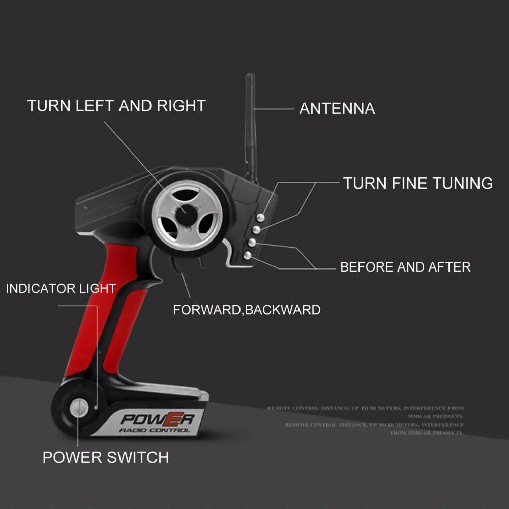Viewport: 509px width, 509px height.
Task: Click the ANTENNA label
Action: click(337, 109)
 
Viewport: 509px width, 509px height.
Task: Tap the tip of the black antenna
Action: click(250, 77)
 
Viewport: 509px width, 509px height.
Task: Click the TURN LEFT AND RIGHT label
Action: click(116, 106)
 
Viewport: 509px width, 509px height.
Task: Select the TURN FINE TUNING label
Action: click(417, 183)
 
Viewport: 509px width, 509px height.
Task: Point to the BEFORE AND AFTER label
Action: click(405, 267)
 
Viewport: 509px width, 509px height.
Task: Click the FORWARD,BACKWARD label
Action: click(247, 310)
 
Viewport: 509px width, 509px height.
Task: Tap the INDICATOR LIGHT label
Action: click(61, 289)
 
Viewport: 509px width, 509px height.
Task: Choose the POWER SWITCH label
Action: click(105, 457)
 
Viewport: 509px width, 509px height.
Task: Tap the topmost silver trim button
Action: click(260, 217)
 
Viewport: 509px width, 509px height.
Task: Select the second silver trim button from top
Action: click(257, 230)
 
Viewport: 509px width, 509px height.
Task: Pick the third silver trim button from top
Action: click(251, 243)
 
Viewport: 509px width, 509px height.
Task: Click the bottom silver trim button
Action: click(248, 255)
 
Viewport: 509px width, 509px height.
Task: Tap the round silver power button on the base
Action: click(78, 407)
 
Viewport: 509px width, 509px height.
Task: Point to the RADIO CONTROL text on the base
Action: click(155, 430)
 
